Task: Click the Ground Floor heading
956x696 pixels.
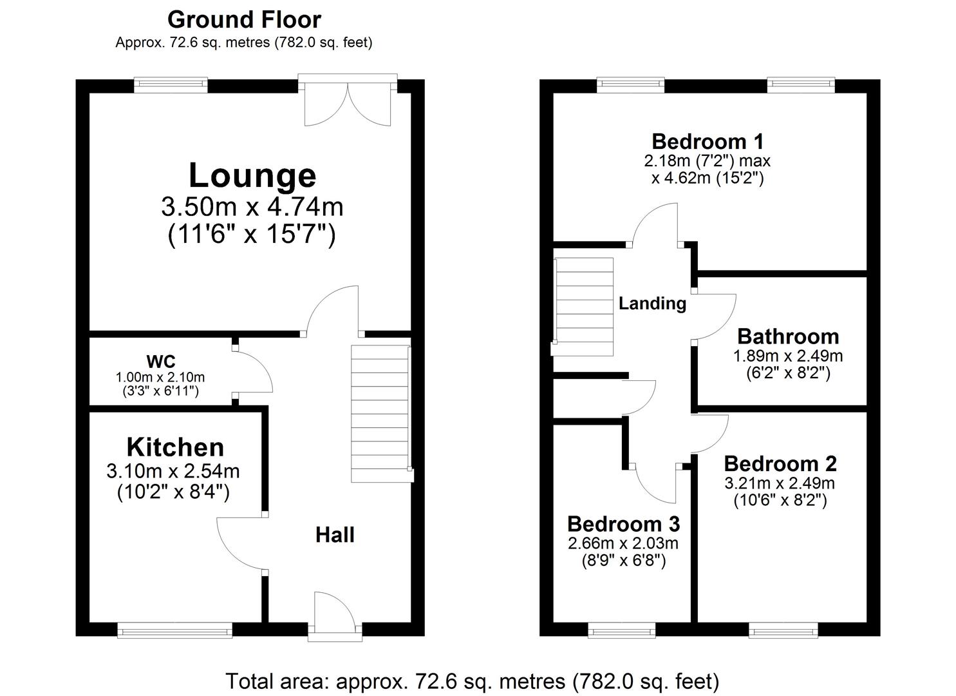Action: (x=244, y=20)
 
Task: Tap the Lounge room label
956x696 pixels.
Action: (x=252, y=175)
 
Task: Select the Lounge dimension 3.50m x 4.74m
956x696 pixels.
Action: (x=252, y=207)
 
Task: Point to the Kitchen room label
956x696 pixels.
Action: (x=175, y=447)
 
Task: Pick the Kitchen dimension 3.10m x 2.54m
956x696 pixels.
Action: (x=173, y=471)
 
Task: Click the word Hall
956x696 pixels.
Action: (x=335, y=535)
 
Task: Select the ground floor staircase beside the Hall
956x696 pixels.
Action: (x=380, y=414)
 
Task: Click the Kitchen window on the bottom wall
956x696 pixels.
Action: (x=174, y=630)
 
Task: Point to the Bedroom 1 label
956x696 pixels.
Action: (x=708, y=141)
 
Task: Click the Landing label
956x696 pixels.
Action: (x=652, y=303)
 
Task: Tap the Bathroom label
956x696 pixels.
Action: (x=788, y=336)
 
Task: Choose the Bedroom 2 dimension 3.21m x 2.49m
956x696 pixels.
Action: (x=780, y=483)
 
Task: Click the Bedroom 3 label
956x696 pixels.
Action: (x=623, y=523)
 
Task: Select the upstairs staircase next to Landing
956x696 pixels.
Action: (x=583, y=307)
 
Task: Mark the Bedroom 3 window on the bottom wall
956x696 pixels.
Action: (x=622, y=630)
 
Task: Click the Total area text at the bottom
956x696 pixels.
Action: (x=472, y=681)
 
